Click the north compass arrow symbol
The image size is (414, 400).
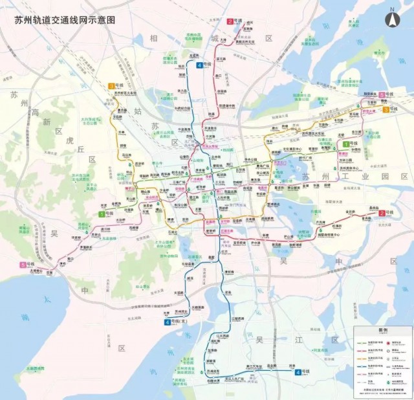[x=392, y=18]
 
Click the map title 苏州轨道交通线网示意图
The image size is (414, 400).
[x=65, y=19]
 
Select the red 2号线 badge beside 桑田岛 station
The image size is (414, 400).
[x=386, y=213]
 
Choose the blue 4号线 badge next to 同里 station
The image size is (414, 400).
[x=302, y=372]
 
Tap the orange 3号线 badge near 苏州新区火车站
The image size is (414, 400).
[x=116, y=86]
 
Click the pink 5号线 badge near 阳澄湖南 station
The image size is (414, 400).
[x=386, y=95]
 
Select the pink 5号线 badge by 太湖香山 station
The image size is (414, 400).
[x=27, y=265]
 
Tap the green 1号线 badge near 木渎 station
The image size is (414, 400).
[x=103, y=214]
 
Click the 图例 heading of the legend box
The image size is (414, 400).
[x=383, y=329]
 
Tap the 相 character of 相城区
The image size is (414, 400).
[x=154, y=38]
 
